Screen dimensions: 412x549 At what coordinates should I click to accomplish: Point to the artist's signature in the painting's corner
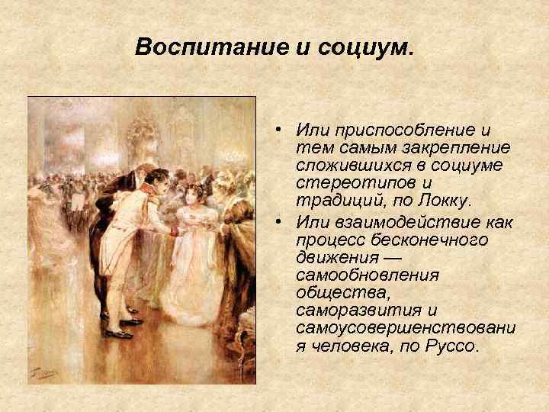[40, 373]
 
